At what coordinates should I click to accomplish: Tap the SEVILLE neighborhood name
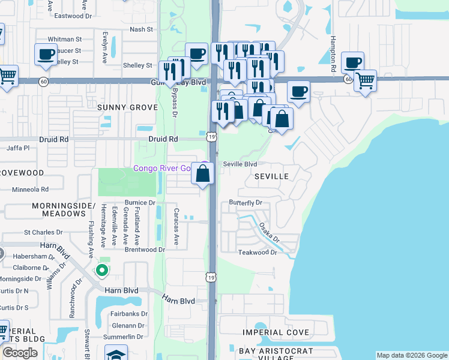[x=271, y=176]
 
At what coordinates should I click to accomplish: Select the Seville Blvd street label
[x=240, y=164]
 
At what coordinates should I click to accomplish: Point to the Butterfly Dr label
[x=246, y=203]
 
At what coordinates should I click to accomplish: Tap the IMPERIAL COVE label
[x=276, y=332]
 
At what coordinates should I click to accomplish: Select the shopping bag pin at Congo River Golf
[x=203, y=174]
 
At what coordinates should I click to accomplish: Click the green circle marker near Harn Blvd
[x=101, y=270]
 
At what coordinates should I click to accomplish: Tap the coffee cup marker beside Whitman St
[x=46, y=55]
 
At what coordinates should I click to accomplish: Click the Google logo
[x=20, y=353]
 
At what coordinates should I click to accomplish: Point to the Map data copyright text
[x=411, y=355]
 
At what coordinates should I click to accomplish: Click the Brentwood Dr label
[x=144, y=250]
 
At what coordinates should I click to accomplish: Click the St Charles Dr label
[x=43, y=232]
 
